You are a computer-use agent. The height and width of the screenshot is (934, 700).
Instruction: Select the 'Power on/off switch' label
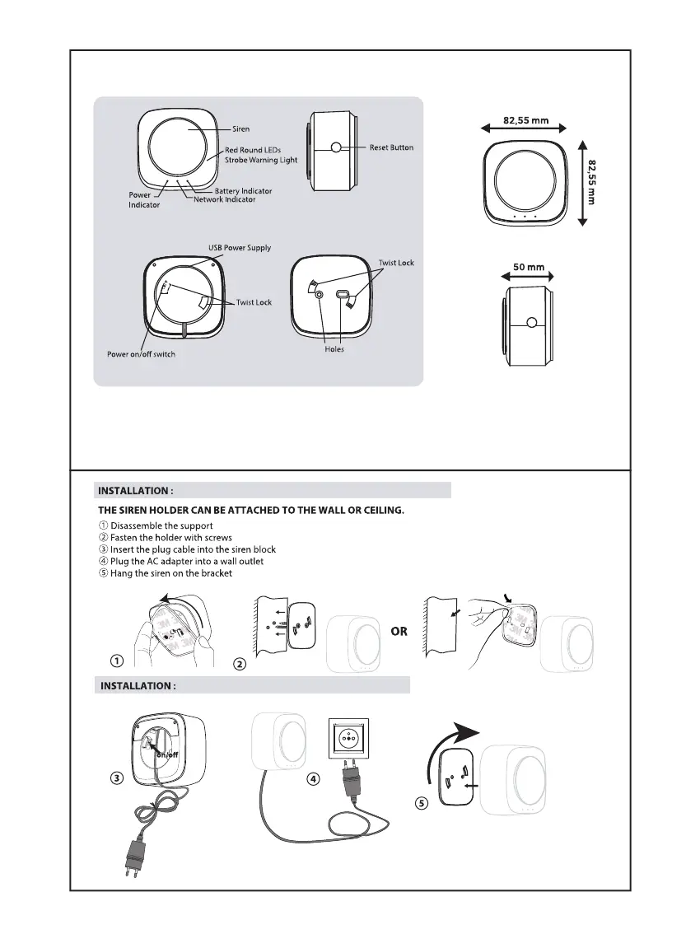click(141, 354)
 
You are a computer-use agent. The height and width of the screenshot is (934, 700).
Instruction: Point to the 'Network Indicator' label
click(224, 199)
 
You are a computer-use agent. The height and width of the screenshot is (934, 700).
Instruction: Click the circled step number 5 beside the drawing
click(422, 805)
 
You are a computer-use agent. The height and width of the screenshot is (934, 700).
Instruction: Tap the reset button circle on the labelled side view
click(336, 148)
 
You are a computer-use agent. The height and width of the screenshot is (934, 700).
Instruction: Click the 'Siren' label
click(240, 128)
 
